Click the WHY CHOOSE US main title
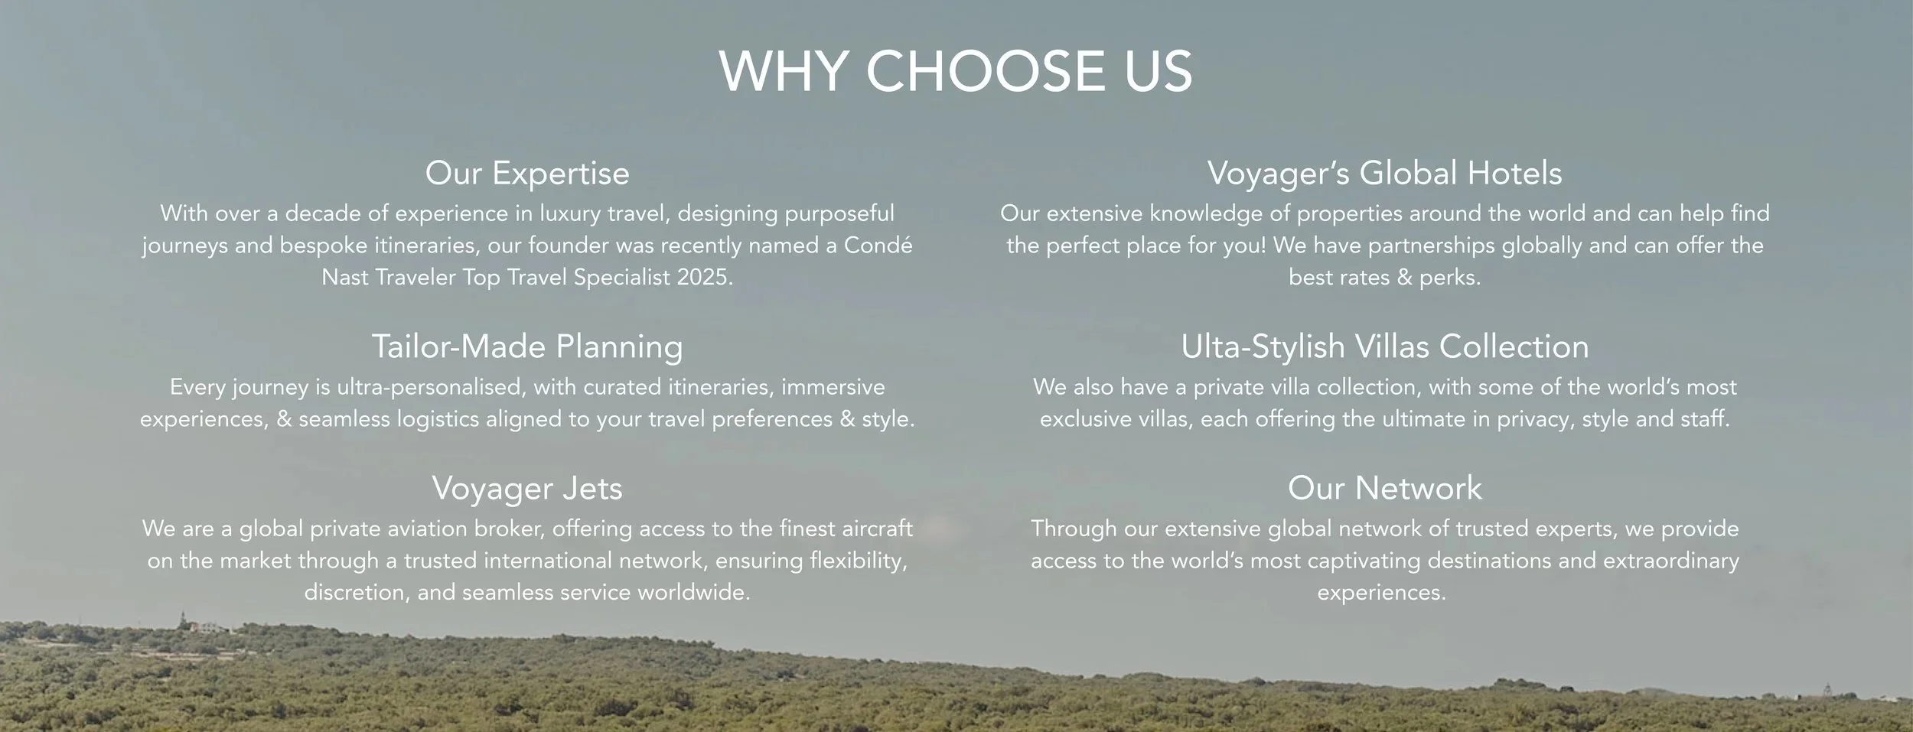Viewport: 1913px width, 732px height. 956,72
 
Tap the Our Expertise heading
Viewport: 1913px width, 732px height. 527,173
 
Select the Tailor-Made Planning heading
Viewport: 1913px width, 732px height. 527,346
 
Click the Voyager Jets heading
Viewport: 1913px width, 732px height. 527,488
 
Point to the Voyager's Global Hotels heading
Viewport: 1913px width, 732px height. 1384,173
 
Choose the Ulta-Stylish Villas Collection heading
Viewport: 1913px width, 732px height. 1384,346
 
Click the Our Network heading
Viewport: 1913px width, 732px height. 1384,488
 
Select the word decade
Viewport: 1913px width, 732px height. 323,213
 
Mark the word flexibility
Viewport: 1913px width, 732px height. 858,561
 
